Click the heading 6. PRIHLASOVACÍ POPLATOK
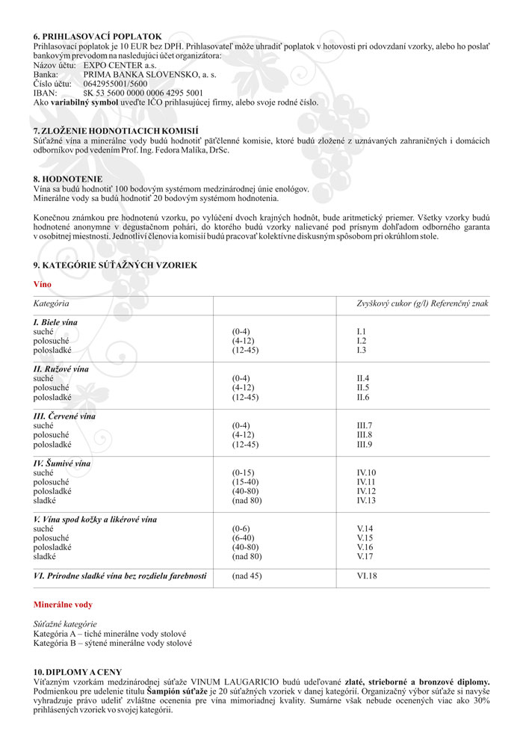point(97,36)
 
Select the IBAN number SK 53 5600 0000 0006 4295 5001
point(143,93)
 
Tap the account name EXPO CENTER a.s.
point(115,65)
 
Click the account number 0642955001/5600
point(116,83)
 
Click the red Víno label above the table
point(42,285)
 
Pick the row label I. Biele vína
point(55,321)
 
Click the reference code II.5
point(362,388)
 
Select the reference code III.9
point(364,444)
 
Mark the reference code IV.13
point(366,500)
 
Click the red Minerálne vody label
point(64,604)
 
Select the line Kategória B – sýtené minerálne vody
point(112,642)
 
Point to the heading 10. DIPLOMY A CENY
point(78,672)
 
